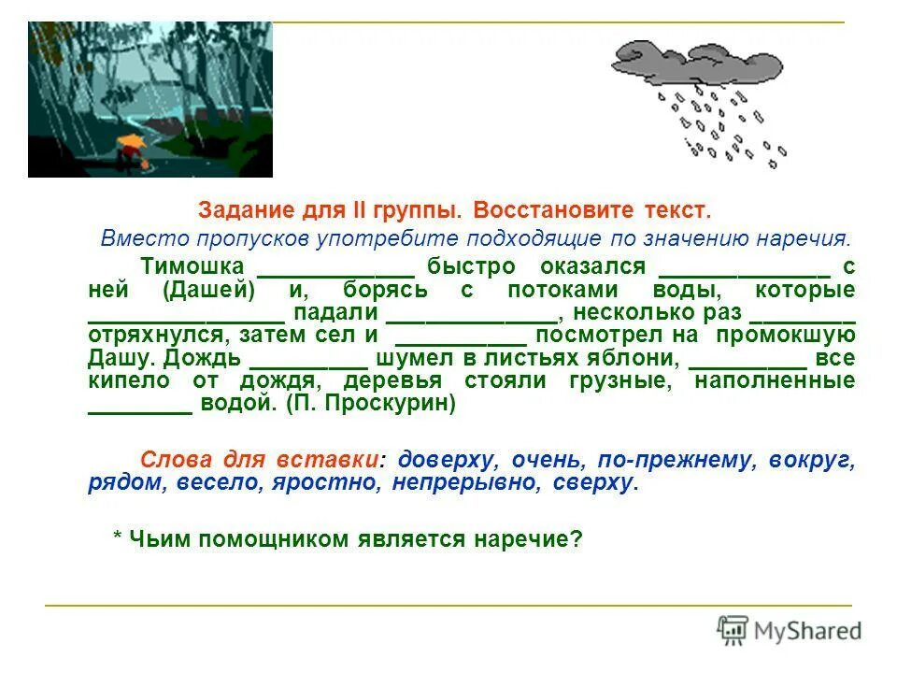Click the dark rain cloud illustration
[x=696, y=61]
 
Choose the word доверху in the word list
[x=444, y=460]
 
